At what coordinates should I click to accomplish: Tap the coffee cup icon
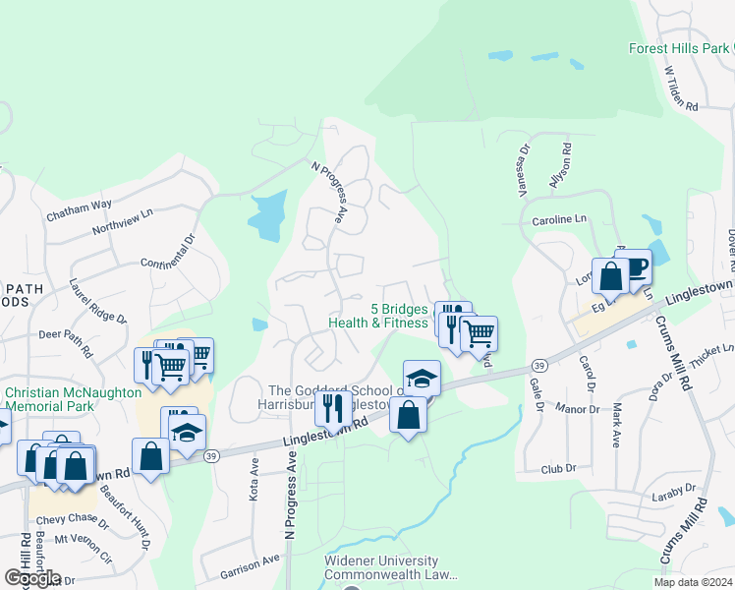(635, 265)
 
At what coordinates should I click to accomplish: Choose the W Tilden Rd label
(680, 88)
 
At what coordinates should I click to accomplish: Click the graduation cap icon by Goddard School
(422, 378)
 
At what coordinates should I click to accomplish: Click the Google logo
(31, 577)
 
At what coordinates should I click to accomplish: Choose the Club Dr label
(557, 469)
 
